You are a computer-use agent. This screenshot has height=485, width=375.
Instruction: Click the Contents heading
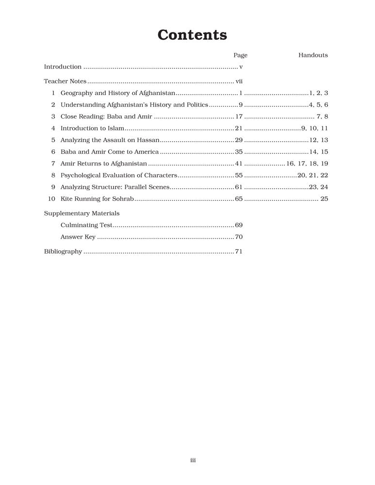(x=192, y=35)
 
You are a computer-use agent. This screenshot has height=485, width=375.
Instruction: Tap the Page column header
(x=240, y=55)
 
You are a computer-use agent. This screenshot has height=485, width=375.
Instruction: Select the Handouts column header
(x=313, y=55)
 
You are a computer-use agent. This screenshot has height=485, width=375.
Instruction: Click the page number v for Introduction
(x=241, y=67)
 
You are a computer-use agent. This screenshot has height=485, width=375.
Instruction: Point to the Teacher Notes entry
(x=65, y=81)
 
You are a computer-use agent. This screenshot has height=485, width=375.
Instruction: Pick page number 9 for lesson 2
(x=241, y=105)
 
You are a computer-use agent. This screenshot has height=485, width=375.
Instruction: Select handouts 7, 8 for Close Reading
(x=323, y=116)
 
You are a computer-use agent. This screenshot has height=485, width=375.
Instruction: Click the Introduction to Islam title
(x=93, y=129)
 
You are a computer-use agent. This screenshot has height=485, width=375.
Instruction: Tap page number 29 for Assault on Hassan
(x=239, y=140)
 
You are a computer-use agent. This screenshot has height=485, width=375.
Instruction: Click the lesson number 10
(x=51, y=199)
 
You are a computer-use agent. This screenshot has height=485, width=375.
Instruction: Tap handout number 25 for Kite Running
(x=325, y=199)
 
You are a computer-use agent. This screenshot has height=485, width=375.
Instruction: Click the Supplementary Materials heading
(x=82, y=213)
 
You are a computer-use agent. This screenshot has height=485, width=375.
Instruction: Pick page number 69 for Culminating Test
(x=239, y=225)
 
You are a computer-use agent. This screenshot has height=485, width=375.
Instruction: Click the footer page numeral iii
(x=193, y=461)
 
